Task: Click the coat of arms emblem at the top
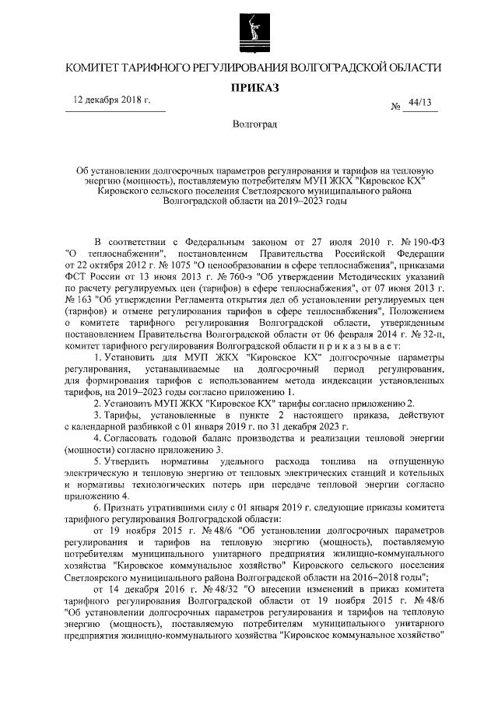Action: [x=248, y=32]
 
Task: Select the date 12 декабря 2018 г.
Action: [x=111, y=101]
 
